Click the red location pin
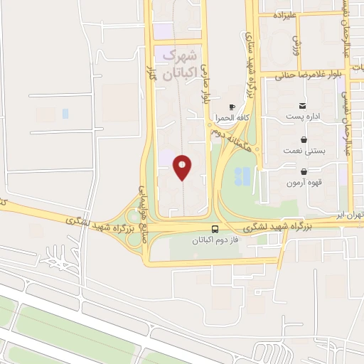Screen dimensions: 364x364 183,167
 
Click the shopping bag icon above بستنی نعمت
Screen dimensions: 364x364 304,139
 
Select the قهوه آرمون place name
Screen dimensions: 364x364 304,182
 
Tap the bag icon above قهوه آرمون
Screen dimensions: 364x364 304,171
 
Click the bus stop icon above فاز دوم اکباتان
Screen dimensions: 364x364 215,229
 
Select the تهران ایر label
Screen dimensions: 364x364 350,214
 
